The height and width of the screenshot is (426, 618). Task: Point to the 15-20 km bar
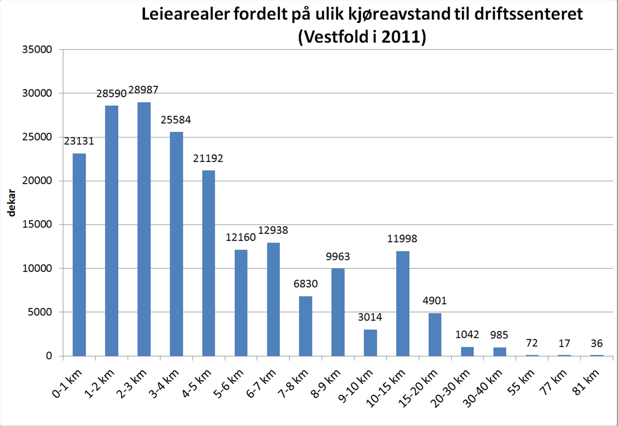point(435,334)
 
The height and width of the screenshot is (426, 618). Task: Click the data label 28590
point(111,94)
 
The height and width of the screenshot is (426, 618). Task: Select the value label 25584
point(176,120)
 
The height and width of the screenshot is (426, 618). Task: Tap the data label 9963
point(338,257)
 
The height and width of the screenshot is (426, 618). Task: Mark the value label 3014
point(370,317)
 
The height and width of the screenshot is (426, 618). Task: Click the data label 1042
point(467,334)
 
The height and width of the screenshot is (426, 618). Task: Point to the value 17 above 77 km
point(564,343)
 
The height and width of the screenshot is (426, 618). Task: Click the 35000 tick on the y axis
point(37,49)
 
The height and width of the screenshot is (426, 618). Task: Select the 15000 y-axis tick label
point(37,225)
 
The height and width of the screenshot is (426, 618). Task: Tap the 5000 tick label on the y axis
point(40,312)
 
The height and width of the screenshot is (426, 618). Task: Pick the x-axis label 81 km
point(587,382)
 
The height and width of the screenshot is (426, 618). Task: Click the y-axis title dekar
point(12,203)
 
